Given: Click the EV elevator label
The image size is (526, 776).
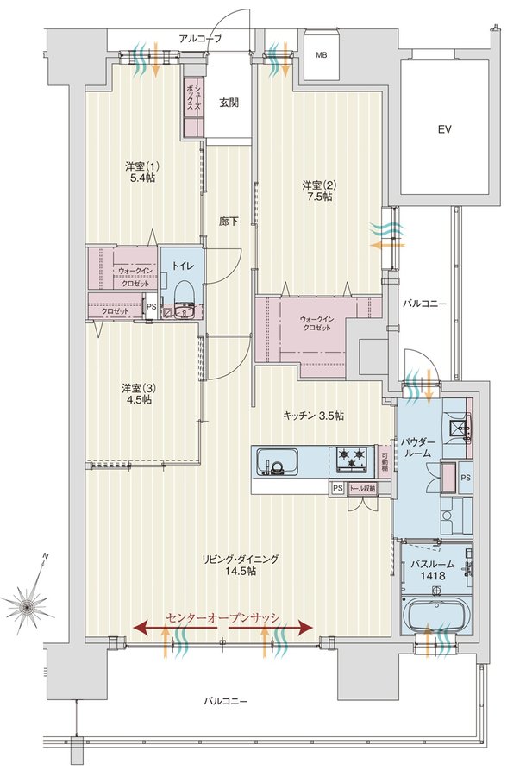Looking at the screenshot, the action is (x=444, y=129).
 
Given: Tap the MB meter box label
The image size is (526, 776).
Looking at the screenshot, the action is (x=322, y=55).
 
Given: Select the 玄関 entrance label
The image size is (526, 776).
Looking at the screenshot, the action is (x=229, y=103).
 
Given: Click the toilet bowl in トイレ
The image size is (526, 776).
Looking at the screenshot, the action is (x=183, y=291).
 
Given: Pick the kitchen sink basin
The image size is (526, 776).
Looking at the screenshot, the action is (x=277, y=462).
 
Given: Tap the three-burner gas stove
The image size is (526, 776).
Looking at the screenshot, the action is (x=352, y=458).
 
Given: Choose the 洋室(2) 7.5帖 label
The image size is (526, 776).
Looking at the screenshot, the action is (x=320, y=191).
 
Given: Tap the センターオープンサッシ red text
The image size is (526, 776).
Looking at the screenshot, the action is (x=223, y=617).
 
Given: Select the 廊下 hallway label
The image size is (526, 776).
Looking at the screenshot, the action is (x=229, y=222).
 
